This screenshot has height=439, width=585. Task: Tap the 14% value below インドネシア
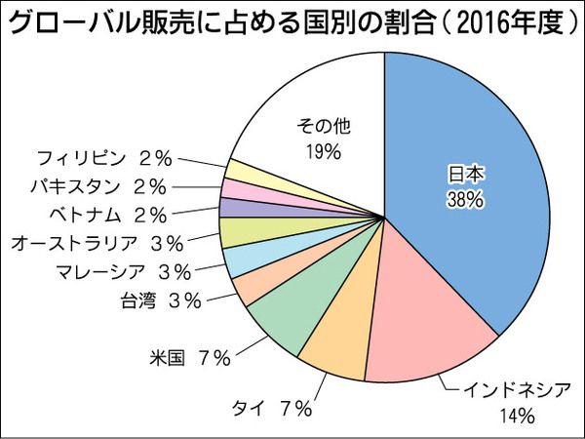(x=518, y=417)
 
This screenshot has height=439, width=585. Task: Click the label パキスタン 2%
(x=97, y=185)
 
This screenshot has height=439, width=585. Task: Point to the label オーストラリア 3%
(x=92, y=242)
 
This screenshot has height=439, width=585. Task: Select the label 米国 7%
(x=190, y=358)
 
